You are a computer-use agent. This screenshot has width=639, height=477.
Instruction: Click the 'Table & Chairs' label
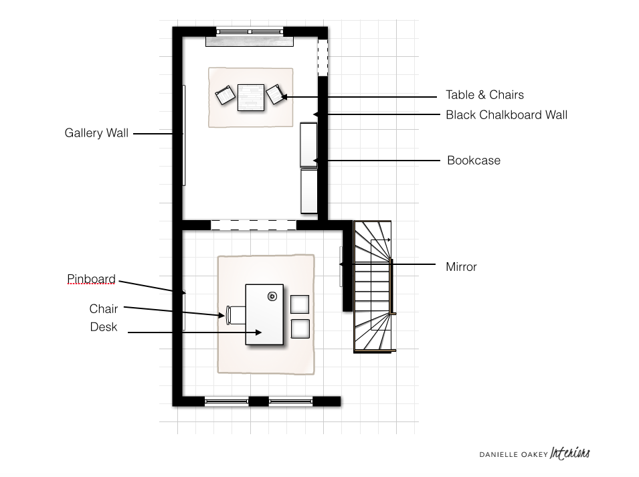[x=484, y=95]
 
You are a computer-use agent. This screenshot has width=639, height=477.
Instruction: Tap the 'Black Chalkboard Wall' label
[x=507, y=115]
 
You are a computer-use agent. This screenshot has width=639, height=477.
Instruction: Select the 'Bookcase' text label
[x=474, y=161]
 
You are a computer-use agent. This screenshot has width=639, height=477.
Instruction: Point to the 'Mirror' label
[x=461, y=267]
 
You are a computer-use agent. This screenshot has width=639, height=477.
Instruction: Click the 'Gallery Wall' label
[x=96, y=133]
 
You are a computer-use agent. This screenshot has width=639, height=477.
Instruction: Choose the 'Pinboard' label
[x=91, y=279]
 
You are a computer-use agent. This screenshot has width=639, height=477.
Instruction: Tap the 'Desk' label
[x=104, y=327]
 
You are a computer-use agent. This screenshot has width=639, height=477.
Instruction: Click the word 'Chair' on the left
[x=104, y=309]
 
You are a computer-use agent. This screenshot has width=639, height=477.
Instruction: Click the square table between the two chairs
[x=251, y=98]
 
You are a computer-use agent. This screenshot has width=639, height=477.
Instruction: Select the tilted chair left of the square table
[x=225, y=95]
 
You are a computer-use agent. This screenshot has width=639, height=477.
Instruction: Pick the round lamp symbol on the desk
[x=272, y=296]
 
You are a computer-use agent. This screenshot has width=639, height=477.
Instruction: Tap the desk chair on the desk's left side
[x=236, y=315]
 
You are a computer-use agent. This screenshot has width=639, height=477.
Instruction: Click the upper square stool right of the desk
[x=300, y=304]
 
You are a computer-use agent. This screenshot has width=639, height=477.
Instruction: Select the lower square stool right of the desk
[x=300, y=329]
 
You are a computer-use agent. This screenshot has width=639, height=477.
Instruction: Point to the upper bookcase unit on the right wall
[x=308, y=145]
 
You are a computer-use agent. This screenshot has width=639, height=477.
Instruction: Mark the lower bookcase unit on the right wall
[x=309, y=191]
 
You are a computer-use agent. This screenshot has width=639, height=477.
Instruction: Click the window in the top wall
[x=250, y=31]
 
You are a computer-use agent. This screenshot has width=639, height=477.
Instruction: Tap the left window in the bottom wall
[x=227, y=401]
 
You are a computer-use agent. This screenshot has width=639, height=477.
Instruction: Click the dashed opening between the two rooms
[x=254, y=225]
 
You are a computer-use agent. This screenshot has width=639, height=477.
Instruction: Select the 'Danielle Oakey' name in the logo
[x=513, y=455]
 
